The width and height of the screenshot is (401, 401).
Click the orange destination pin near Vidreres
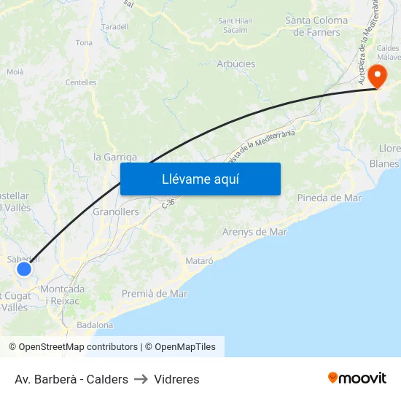click(x=378, y=75)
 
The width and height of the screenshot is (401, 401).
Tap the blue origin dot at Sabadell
click(x=24, y=269)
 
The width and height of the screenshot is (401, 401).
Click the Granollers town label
click(x=116, y=212)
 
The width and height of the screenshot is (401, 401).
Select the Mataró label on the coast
click(x=199, y=260)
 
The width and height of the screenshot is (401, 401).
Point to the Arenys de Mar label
click(x=254, y=232)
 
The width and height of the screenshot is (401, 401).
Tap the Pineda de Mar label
click(x=329, y=198)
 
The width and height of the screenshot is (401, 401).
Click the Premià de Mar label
click(x=154, y=294)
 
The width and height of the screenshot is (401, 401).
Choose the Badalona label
click(x=95, y=325)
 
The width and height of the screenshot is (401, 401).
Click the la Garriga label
click(x=115, y=157)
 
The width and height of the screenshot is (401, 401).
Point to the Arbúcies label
click(x=236, y=64)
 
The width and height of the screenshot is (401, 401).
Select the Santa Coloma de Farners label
click(x=316, y=26)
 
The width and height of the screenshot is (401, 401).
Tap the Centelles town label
click(x=81, y=82)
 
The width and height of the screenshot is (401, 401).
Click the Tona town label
click(x=84, y=43)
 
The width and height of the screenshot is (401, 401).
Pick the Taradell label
click(x=115, y=26)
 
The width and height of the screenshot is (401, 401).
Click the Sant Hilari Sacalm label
click(x=235, y=26)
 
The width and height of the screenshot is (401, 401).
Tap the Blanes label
click(x=384, y=164)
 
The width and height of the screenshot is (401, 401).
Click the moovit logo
click(x=357, y=378)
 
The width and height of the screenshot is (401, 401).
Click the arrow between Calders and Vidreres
click(x=141, y=379)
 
